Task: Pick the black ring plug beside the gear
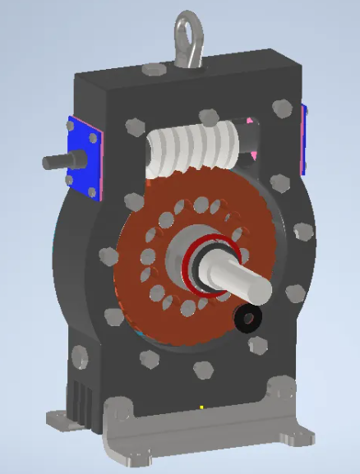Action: (246, 318)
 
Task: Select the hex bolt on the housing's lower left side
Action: (81, 357)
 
